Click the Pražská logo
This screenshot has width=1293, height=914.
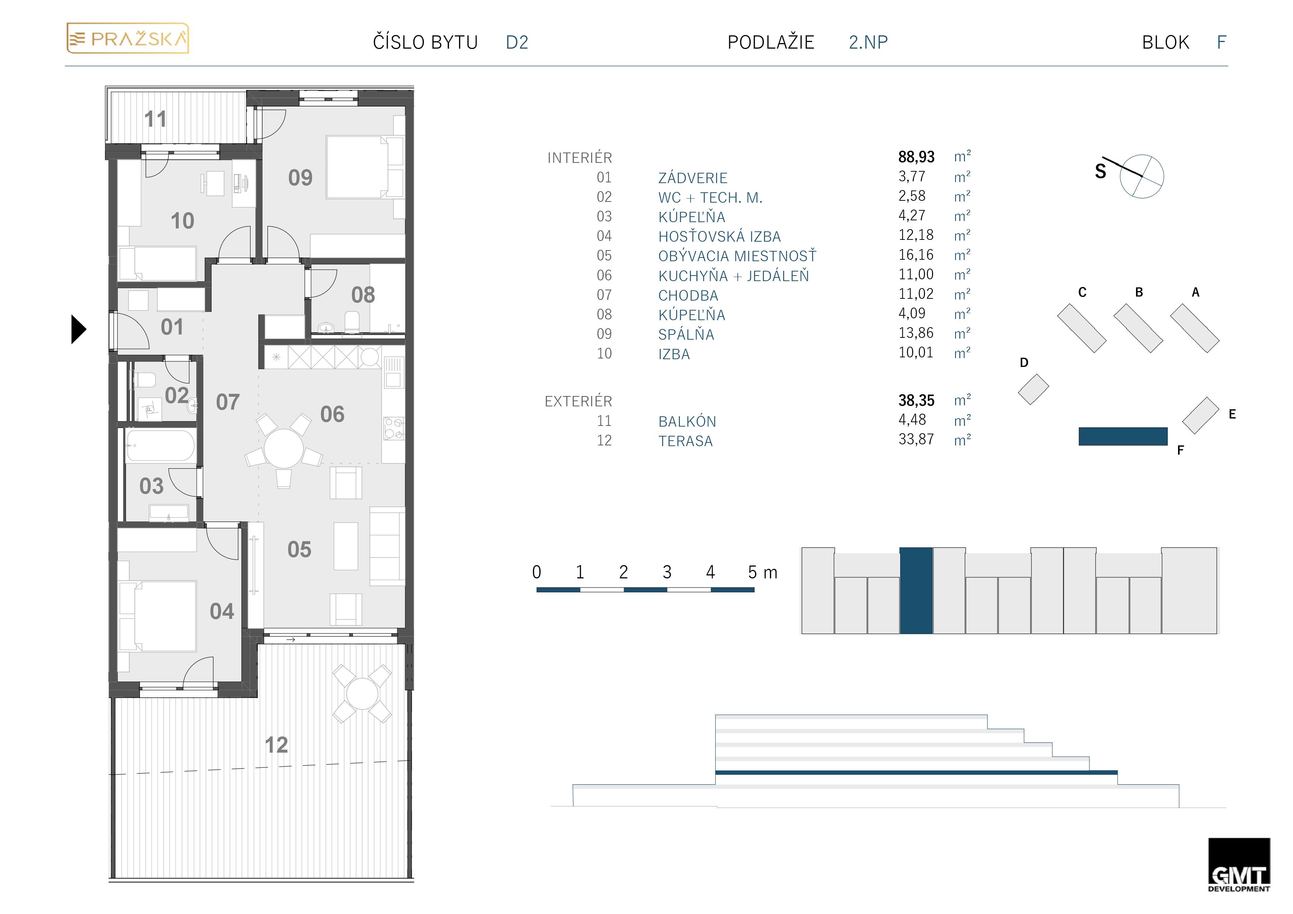pyautogui.click(x=128, y=38)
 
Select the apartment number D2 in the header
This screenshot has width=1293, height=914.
pyautogui.click(x=517, y=42)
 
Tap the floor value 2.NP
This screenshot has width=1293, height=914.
pyautogui.click(x=868, y=42)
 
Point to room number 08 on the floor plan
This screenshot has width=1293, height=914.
pyautogui.click(x=363, y=294)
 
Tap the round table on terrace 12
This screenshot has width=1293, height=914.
pyautogui.click(x=362, y=694)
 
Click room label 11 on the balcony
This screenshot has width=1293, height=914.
pyautogui.click(x=155, y=119)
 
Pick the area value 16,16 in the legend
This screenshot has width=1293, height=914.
pyautogui.click(x=916, y=255)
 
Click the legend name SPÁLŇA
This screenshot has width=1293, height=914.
pyautogui.click(x=686, y=335)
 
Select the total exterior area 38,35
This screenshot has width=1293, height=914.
pyautogui.click(x=916, y=400)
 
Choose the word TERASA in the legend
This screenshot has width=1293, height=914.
pyautogui.click(x=685, y=441)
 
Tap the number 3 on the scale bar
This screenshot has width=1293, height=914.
pyautogui.click(x=667, y=572)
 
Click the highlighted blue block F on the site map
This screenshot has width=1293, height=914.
pyautogui.click(x=1123, y=437)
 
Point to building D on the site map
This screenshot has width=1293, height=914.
pyautogui.click(x=1033, y=389)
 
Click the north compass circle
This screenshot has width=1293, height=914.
pyautogui.click(x=1142, y=176)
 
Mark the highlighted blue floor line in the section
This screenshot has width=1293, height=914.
pyautogui.click(x=916, y=773)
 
